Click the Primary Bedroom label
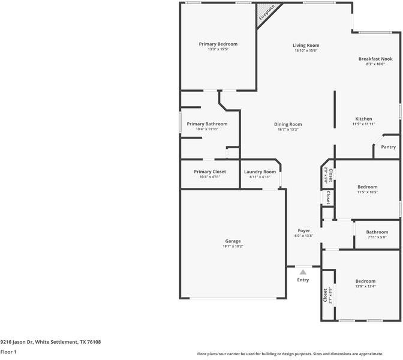click(218, 44)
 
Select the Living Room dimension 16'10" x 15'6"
click(306, 51)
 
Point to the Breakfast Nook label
click(375, 59)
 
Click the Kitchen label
click(364, 119)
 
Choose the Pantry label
click(388, 147)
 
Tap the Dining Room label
click(288, 124)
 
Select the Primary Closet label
click(210, 172)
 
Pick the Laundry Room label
click(260, 172)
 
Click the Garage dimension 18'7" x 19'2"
click(233, 246)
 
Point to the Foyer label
click(304, 230)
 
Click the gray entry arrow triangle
click(303, 272)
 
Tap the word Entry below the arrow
click(303, 280)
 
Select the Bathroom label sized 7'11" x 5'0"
click(377, 232)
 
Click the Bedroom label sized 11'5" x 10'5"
click(367, 187)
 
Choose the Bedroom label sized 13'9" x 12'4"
click(365, 281)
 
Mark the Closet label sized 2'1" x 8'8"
click(327, 295)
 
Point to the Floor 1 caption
click(8, 352)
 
